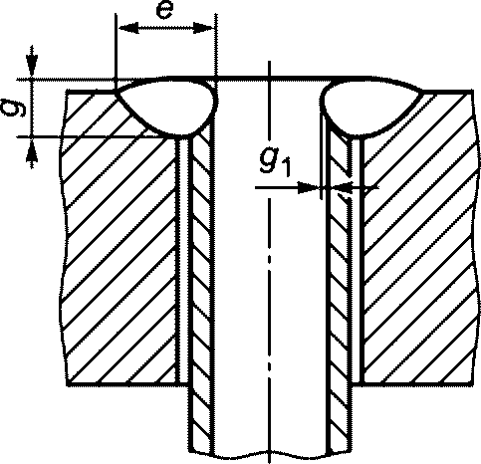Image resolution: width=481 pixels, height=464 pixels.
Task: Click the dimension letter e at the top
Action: tap(164, 12)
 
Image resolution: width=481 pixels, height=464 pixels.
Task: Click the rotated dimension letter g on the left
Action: tap(14, 107)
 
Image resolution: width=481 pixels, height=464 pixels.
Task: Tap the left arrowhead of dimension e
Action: tap(128, 28)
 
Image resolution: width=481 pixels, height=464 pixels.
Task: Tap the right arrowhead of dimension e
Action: tap(202, 28)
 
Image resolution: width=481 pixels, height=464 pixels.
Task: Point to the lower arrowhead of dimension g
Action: tap(32, 149)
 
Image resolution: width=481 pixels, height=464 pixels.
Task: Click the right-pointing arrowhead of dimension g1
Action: tap(308, 188)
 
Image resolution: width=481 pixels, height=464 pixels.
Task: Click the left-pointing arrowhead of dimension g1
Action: tap(345, 188)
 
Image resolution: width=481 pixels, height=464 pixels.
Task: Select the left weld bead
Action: tap(167, 107)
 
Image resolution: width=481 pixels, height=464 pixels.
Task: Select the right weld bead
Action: tap(368, 107)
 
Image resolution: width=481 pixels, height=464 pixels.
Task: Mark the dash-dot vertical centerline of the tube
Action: tap(269, 262)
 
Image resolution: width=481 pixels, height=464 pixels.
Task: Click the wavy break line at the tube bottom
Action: tap(270, 453)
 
